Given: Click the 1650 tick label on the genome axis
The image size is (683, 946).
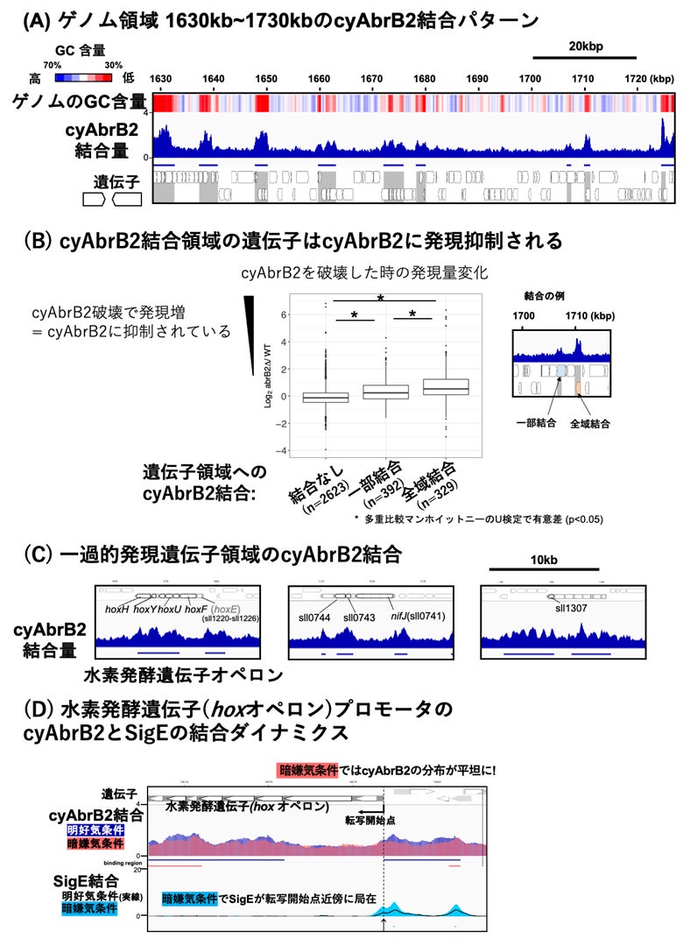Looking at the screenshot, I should [265, 79].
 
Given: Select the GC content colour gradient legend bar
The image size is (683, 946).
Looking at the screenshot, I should [83, 77].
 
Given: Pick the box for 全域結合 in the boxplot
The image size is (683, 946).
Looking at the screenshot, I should [447, 387].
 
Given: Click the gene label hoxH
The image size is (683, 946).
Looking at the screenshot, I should [117, 607].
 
